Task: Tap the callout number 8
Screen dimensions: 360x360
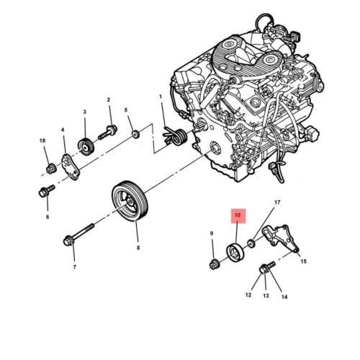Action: pos(138,248)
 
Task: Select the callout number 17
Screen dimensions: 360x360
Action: pos(277,202)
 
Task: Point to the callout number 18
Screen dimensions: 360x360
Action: pos(42,140)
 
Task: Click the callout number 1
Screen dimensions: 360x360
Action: pos(161,96)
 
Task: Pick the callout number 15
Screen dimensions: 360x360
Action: pos(304,261)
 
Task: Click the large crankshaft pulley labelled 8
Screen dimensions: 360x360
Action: pos(130,201)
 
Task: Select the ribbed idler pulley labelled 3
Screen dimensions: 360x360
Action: pos(86,147)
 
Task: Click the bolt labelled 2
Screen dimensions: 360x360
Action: pos(108,133)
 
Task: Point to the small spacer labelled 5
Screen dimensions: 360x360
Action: pos(136,134)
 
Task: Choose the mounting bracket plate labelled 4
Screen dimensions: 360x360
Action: pos(71,167)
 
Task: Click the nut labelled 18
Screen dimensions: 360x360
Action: pos(51,168)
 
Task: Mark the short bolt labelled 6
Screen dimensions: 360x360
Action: pos(46,191)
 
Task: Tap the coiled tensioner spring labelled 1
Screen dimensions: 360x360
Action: pos(175,137)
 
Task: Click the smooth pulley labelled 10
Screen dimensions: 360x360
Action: pos(235,253)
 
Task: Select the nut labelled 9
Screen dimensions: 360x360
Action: pos(214,264)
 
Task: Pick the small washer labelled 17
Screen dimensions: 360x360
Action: pos(251,244)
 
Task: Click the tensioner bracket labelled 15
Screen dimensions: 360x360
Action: pos(281,238)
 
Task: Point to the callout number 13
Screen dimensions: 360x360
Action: pos(266,296)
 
